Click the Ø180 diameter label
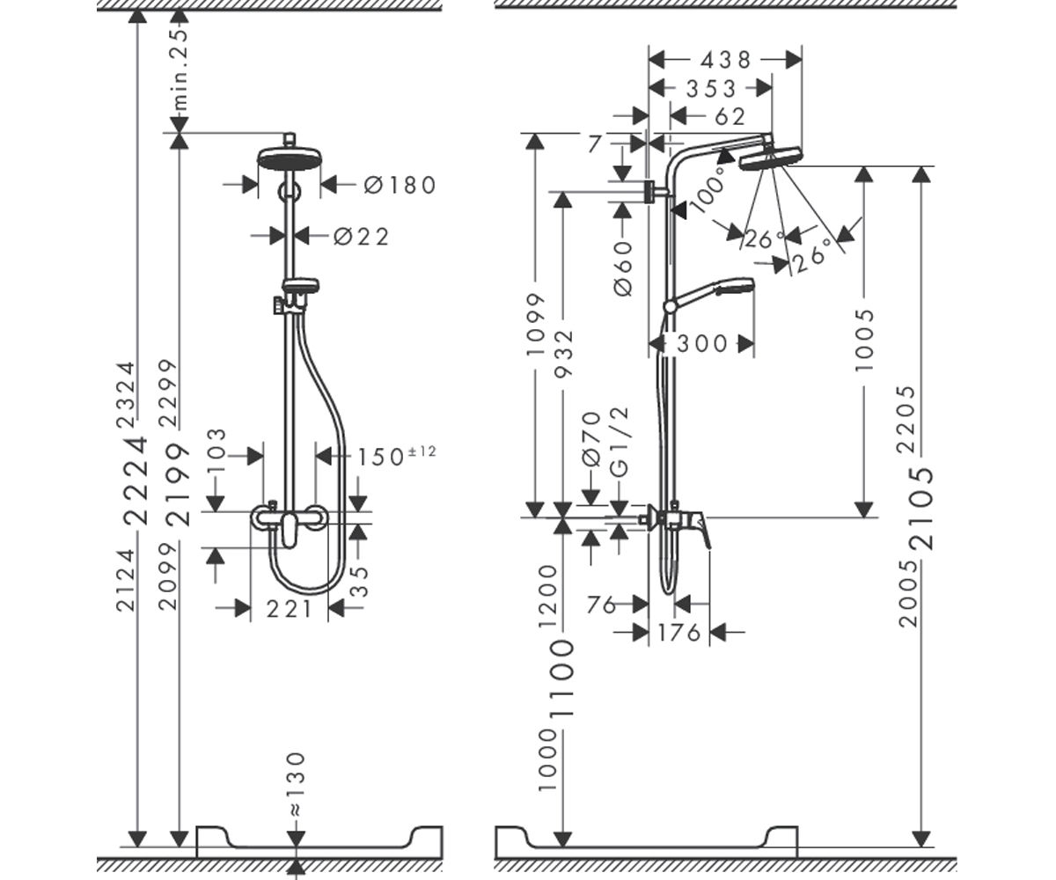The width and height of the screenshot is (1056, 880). (400, 185)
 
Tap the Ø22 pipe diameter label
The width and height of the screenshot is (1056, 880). (361, 237)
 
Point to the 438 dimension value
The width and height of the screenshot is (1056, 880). (726, 60)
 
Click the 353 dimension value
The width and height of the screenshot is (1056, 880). (711, 89)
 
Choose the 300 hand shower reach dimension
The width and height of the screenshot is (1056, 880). (702, 344)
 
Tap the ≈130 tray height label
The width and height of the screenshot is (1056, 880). (295, 791)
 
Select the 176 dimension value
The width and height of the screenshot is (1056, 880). (678, 632)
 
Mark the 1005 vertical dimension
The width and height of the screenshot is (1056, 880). (864, 341)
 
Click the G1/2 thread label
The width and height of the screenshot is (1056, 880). (620, 442)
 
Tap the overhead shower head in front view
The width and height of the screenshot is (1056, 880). (289, 158)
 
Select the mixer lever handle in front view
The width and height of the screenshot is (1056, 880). (289, 530)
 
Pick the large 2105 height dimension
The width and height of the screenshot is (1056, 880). (921, 509)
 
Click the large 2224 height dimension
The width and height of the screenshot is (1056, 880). (136, 480)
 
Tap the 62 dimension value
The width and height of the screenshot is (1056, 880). (730, 117)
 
